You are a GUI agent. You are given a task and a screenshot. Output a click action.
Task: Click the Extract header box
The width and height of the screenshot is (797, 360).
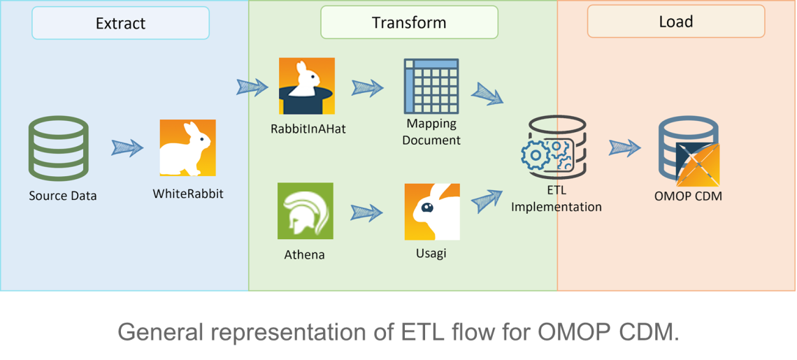point(120,23)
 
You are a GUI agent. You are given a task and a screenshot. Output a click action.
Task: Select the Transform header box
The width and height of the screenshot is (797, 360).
point(409,22)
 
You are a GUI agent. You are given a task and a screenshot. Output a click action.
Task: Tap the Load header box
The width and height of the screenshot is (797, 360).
point(676,22)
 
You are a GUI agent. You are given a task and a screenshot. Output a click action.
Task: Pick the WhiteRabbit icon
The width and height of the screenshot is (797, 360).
point(187,147)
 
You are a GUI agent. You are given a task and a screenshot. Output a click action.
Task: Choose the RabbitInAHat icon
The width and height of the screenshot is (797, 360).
point(306,86)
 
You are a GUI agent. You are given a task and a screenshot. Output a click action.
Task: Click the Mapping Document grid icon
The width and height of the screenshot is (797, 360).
point(431,86)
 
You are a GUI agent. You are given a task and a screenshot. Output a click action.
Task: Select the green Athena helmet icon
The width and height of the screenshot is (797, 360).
point(305,210)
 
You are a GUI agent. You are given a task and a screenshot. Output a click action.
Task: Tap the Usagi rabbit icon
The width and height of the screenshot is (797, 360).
point(432,212)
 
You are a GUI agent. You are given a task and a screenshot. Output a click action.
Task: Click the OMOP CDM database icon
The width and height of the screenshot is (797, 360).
point(688,152)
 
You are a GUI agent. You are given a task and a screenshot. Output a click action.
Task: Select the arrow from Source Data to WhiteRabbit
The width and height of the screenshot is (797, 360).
point(127,148)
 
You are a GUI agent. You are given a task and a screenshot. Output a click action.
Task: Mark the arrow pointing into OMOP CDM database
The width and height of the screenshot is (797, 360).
point(625,148)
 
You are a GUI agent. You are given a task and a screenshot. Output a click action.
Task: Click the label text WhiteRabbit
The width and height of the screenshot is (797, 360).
point(187,194)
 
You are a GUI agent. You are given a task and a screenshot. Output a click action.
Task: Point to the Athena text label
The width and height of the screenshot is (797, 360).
point(304,254)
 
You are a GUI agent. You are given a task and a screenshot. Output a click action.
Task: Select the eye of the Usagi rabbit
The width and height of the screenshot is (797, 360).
point(427,207)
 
